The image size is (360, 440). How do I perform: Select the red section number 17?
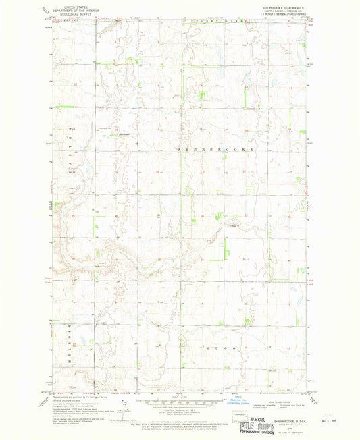click(157, 128)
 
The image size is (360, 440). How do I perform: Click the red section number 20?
click(157, 172)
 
